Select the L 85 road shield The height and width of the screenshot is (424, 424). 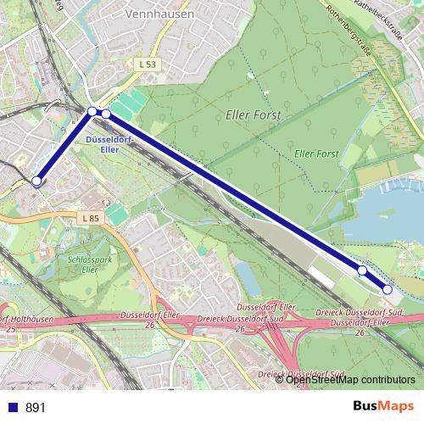pyautogui.click(x=91, y=219)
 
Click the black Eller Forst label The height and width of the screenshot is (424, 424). pyautogui.click(x=253, y=114)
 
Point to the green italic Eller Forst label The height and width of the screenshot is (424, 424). pyautogui.click(x=315, y=153)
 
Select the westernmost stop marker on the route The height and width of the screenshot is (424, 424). pyautogui.click(x=36, y=181)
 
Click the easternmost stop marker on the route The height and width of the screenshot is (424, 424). pyautogui.click(x=388, y=290)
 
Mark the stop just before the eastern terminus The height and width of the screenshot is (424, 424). pyautogui.click(x=362, y=271)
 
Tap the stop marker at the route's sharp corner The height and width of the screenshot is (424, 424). pyautogui.click(x=92, y=111)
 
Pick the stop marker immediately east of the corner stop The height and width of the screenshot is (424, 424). pyautogui.click(x=106, y=114)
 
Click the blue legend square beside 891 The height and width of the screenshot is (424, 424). pyautogui.click(x=13, y=408)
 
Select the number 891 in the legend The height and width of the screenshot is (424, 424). pyautogui.click(x=35, y=408)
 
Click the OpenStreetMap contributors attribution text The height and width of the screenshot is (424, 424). pyautogui.click(x=351, y=379)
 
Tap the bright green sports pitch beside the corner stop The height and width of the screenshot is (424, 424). pyautogui.click(x=127, y=105)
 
